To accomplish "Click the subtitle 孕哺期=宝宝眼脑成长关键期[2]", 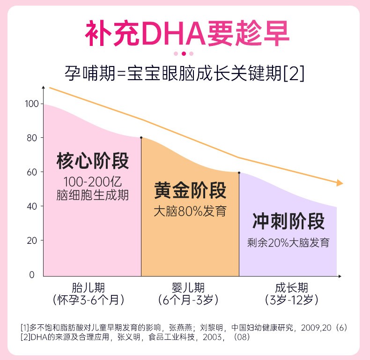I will pyautogui.click(x=185, y=74).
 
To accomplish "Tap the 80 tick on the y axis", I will pyautogui.click(x=32, y=138).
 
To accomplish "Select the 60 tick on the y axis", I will pyautogui.click(x=32, y=172).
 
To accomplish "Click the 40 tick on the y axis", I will pyautogui.click(x=32, y=206).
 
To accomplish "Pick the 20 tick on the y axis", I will pyautogui.click(x=32, y=240).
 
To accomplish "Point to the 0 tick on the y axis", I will pyautogui.click(x=32, y=275).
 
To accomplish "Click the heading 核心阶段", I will pyautogui.click(x=92, y=161).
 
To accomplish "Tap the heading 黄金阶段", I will pyautogui.click(x=190, y=191).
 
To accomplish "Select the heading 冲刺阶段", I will pyautogui.click(x=288, y=221).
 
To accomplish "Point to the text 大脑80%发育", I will pyautogui.click(x=190, y=211).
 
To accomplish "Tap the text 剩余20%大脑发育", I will pyautogui.click(x=288, y=243).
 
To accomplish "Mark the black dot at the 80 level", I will pyautogui.click(x=141, y=138).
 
